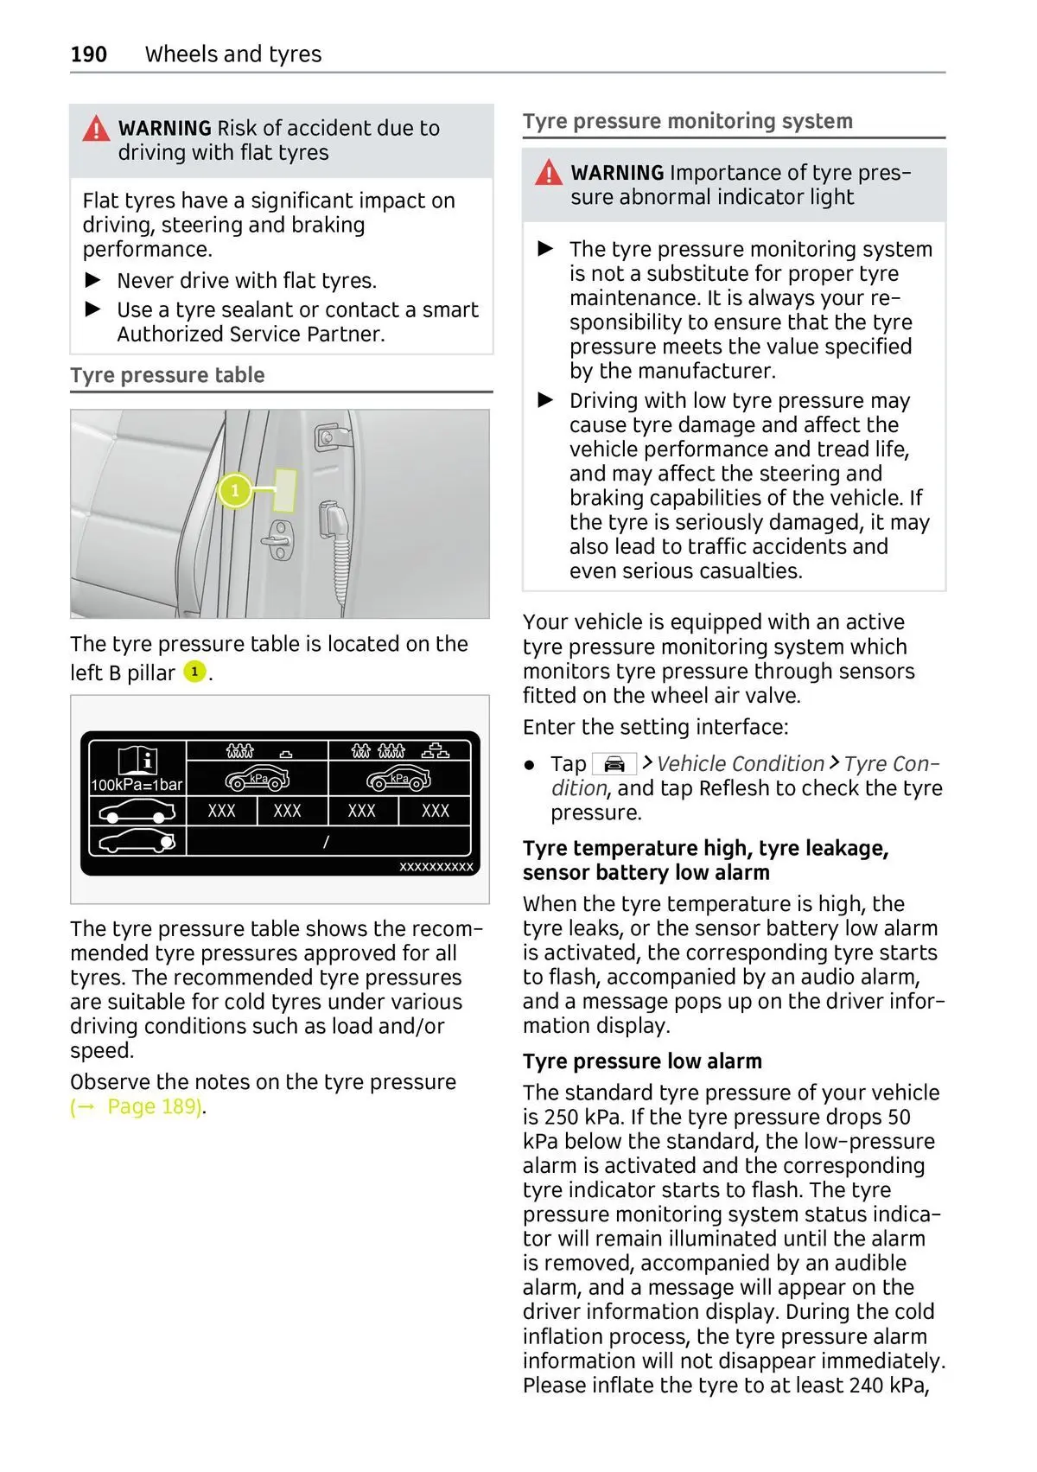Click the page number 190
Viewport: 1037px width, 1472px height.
(x=89, y=54)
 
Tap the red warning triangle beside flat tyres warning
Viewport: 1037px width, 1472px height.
(x=96, y=130)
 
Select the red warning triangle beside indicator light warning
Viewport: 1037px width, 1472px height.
(x=548, y=174)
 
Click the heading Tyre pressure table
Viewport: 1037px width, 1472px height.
(x=168, y=376)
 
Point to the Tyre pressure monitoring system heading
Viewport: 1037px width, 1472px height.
(x=687, y=122)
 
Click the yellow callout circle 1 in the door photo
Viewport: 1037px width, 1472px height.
(x=234, y=491)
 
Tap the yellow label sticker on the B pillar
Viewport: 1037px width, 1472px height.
(x=285, y=490)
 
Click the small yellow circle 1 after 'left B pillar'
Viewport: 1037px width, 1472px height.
(x=195, y=672)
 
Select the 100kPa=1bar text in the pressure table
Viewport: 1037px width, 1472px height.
(x=137, y=785)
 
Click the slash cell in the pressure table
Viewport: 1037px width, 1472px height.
(x=327, y=842)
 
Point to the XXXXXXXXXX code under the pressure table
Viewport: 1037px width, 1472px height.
(x=436, y=867)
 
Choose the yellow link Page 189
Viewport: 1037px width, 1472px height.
(x=137, y=1107)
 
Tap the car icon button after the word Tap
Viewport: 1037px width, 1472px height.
(x=614, y=764)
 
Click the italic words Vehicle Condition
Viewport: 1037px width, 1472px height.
(x=740, y=764)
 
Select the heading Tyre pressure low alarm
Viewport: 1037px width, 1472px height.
(x=642, y=1061)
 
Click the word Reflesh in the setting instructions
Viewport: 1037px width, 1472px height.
(x=735, y=788)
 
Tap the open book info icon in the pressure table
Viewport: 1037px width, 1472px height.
(x=137, y=761)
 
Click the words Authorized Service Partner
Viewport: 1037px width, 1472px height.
(x=251, y=335)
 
